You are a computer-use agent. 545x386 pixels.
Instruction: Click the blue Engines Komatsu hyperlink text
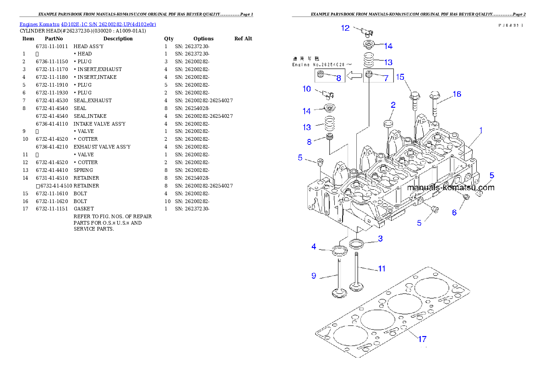click(87, 24)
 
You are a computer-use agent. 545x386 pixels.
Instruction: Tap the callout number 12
click(345, 28)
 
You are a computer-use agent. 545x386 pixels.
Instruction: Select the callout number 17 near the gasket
click(422, 339)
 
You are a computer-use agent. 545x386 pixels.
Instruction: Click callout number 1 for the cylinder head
click(481, 131)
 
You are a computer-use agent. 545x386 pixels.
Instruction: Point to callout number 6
click(454, 212)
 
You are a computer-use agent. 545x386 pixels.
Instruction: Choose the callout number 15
click(400, 77)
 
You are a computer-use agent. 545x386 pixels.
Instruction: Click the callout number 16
click(457, 94)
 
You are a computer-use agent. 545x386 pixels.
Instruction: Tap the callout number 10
click(306, 88)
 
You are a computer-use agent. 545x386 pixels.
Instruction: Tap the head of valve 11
click(356, 287)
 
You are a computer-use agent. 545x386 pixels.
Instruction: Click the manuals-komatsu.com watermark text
click(450, 187)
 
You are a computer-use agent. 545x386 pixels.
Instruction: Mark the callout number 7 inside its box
click(386, 78)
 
